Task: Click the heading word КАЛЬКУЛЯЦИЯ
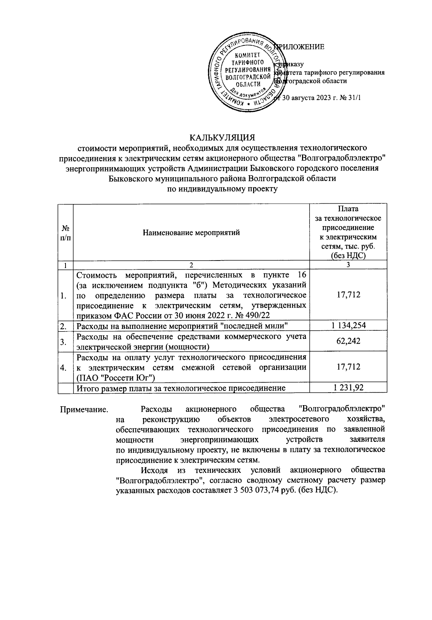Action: pos(222,137)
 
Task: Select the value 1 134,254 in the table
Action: pos(348,326)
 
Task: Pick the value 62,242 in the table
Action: pos(348,341)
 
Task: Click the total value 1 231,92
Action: pos(348,387)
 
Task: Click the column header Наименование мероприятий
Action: pos(191,232)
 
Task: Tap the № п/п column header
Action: pos(66,232)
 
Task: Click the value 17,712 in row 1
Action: pos(348,295)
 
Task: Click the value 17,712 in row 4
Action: pos(348,367)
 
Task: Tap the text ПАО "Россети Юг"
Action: pos(116,377)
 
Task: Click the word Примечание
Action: pos(84,409)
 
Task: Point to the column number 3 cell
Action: pos(348,265)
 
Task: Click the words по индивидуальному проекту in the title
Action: pos(222,188)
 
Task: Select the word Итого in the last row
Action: pos(86,388)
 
